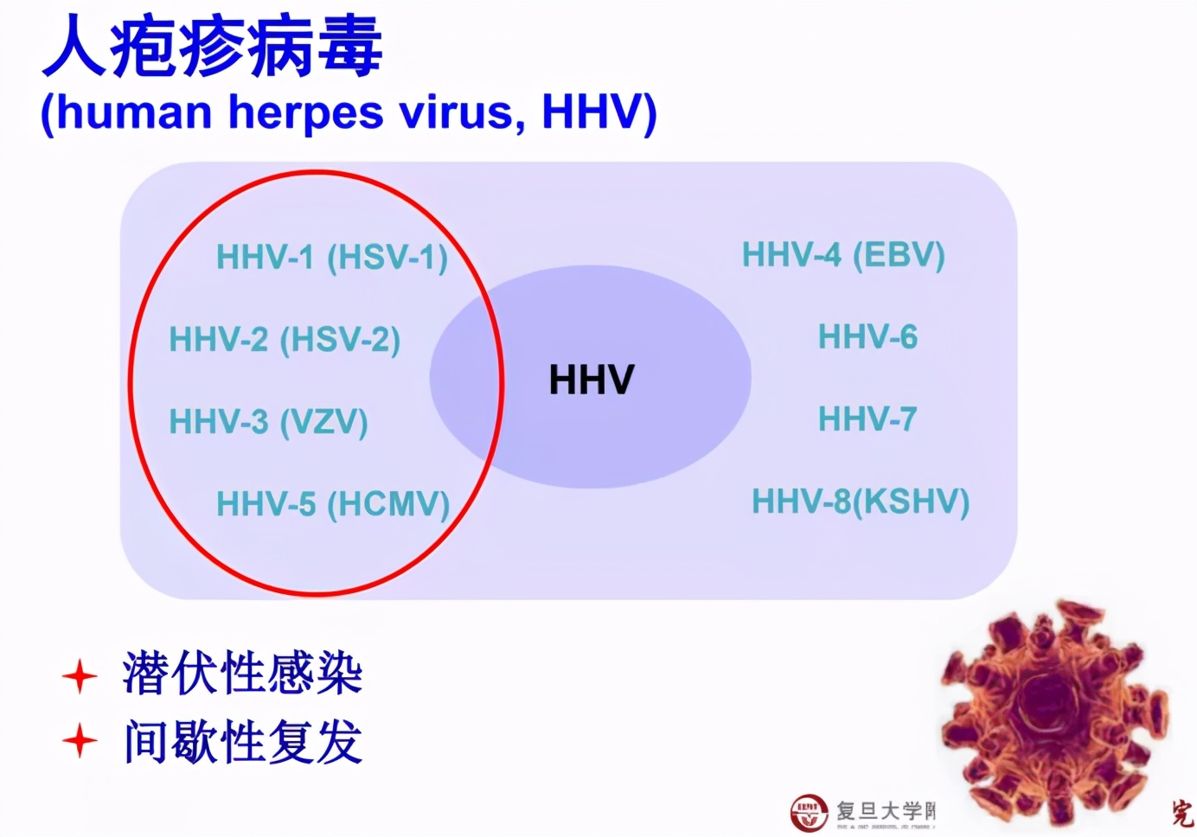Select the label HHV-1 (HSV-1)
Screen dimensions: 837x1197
click(331, 258)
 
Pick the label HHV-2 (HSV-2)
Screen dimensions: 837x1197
click(285, 340)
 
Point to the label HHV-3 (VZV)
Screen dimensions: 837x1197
click(268, 422)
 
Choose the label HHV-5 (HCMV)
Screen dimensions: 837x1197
click(333, 504)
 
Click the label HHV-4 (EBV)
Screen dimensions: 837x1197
click(843, 255)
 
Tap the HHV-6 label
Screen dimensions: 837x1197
click(867, 337)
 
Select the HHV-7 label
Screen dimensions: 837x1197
click(867, 419)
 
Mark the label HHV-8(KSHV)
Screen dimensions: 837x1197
click(861, 502)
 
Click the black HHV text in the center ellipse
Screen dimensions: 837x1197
click(592, 380)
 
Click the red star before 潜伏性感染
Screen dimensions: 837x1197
click(80, 676)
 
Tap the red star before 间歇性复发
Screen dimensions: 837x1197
click(80, 741)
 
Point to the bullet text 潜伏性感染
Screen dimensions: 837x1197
click(242, 674)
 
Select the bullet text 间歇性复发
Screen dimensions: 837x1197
click(242, 741)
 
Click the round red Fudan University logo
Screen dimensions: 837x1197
click(809, 812)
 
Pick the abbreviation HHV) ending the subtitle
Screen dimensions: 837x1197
click(599, 113)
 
